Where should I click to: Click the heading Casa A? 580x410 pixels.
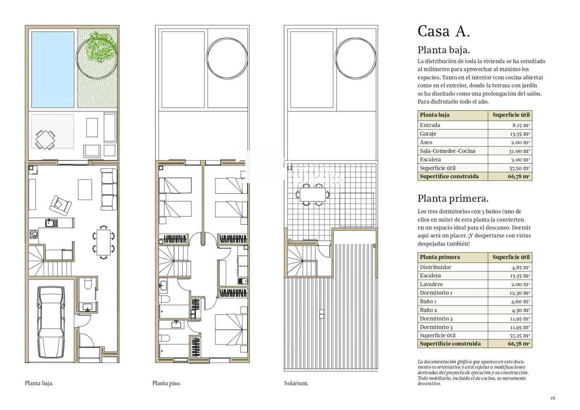click(443, 31)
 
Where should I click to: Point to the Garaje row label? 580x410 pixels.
click(428, 134)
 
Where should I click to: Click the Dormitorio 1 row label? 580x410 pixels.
click(436, 293)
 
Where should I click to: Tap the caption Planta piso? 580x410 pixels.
click(166, 383)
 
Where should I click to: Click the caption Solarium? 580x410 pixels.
click(296, 383)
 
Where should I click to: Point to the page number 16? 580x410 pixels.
click(552, 398)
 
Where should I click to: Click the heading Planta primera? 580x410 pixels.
click(453, 198)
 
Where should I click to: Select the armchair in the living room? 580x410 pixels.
click(60, 205)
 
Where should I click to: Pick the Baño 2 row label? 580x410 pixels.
click(428, 310)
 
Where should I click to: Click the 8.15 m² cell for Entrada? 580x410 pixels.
click(521, 125)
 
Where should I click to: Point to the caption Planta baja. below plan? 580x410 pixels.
click(39, 383)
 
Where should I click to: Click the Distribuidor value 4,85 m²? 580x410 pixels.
click(521, 267)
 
